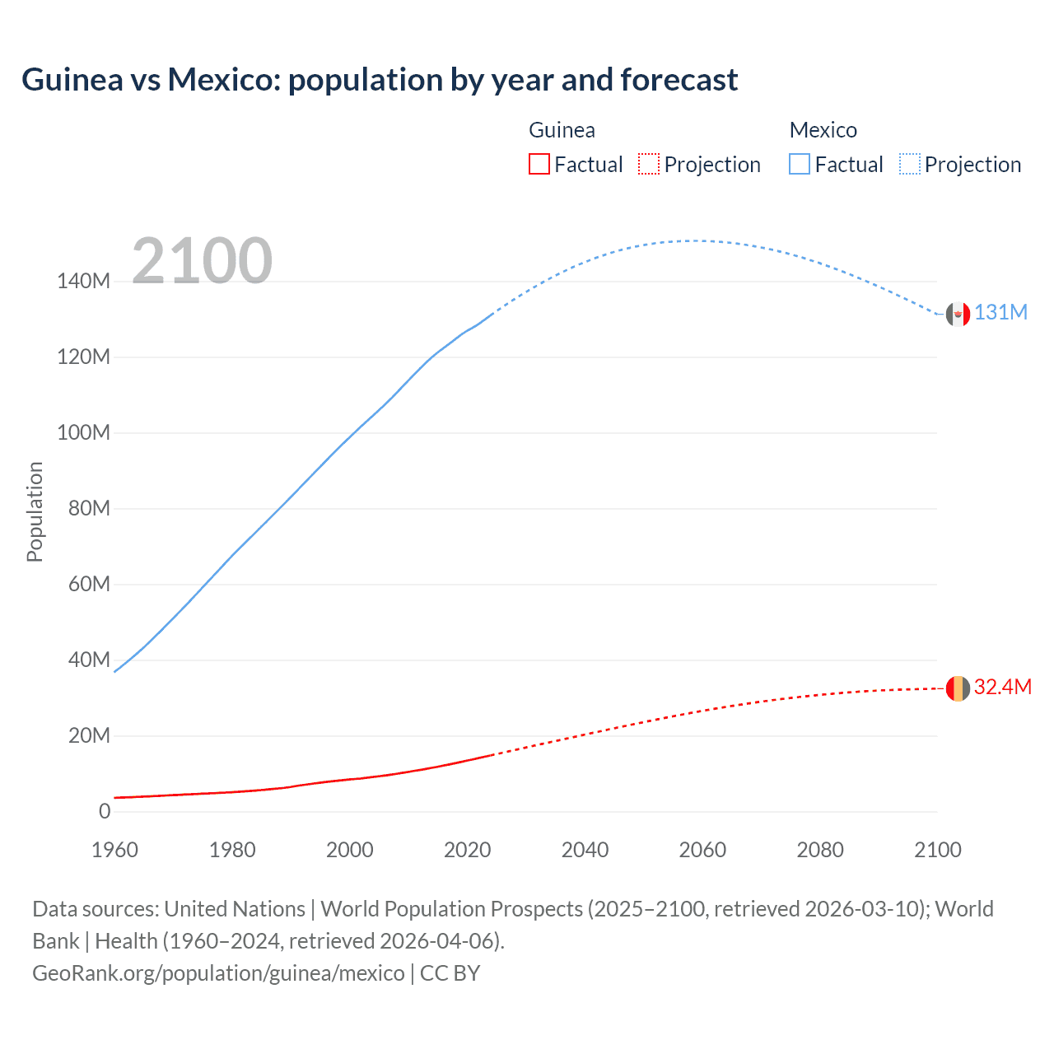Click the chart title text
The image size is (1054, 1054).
tap(380, 80)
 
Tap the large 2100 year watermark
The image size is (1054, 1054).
tap(202, 261)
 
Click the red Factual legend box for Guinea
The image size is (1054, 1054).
tap(539, 165)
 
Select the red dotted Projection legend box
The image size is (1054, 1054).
tap(649, 165)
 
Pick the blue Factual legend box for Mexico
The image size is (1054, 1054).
tap(800, 165)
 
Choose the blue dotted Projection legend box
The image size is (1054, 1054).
tap(910, 165)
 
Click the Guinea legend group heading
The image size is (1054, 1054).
tap(562, 130)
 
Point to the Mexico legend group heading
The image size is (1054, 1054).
tap(823, 130)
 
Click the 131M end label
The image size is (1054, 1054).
tap(1000, 313)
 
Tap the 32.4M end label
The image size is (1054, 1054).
tap(1002, 688)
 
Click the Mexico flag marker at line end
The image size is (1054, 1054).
tap(958, 314)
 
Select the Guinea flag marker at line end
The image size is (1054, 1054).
tap(958, 688)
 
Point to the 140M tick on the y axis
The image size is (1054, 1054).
tap(83, 282)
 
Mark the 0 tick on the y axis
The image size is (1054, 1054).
tap(105, 812)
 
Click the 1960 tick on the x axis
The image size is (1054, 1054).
tap(114, 850)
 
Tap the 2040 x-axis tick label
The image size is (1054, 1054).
tap(585, 850)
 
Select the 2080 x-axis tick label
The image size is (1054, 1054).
tap(820, 850)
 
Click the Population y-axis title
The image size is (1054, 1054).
tap(35, 511)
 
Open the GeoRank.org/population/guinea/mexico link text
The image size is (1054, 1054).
tap(218, 973)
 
